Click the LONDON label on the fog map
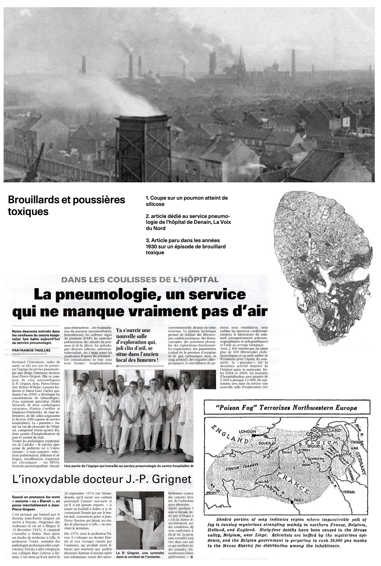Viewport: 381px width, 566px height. (x=247, y=431)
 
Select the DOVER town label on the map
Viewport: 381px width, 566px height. (x=265, y=443)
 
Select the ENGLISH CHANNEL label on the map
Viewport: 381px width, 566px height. (x=237, y=466)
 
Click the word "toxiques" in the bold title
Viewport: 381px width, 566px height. (x=28, y=211)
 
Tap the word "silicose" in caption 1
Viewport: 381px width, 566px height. (x=155, y=204)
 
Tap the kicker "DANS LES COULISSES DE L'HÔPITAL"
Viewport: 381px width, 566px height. (x=140, y=279)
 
